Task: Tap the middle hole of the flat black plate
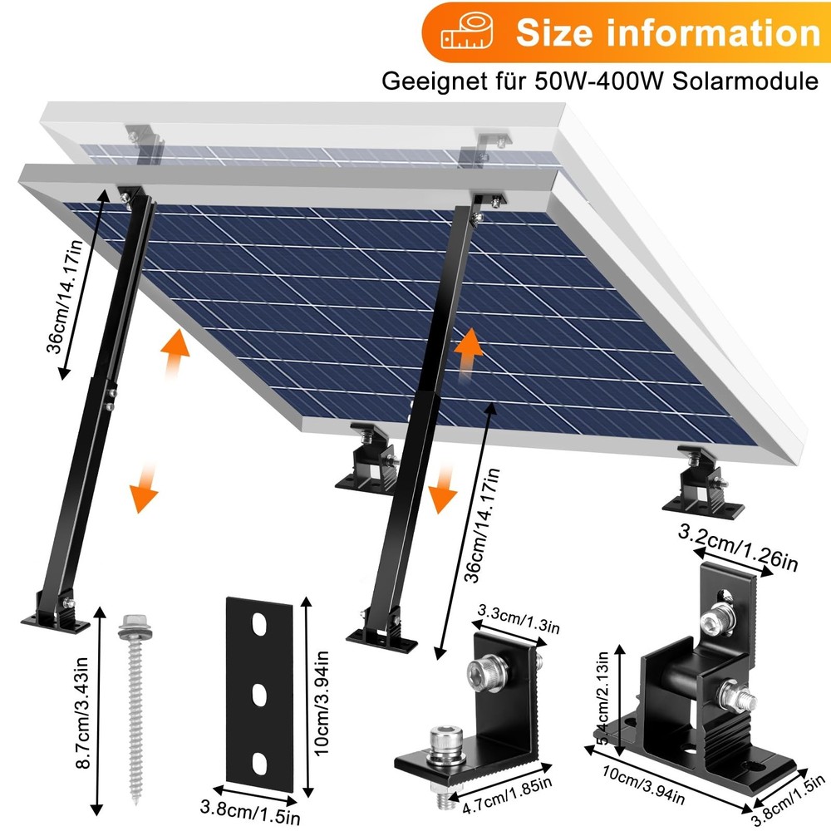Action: point(261,691)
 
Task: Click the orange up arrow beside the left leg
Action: point(174,352)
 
